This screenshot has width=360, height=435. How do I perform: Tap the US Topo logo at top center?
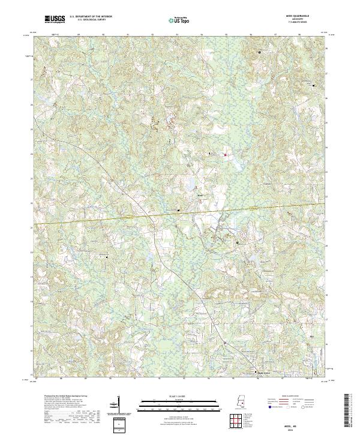tap(173, 20)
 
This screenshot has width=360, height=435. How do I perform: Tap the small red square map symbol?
tap(226, 156)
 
